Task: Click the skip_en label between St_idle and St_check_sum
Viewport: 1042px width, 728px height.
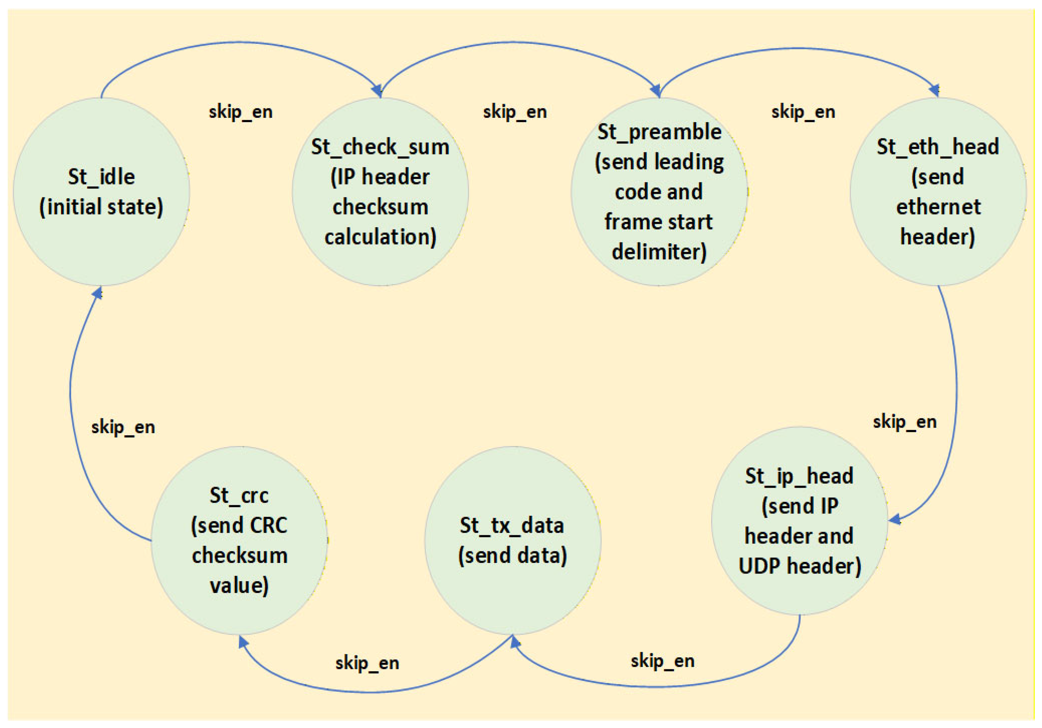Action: click(x=241, y=112)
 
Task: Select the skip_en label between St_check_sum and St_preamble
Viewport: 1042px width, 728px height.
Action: click(x=515, y=112)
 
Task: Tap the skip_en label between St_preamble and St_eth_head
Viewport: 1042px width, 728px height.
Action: click(x=803, y=112)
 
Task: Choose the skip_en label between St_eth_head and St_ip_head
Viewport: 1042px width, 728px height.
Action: click(x=905, y=422)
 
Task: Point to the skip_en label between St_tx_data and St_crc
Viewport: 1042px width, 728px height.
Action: click(x=367, y=664)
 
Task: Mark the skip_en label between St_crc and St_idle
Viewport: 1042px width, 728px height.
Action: click(x=123, y=427)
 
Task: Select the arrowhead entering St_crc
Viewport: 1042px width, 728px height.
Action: click(x=243, y=641)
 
